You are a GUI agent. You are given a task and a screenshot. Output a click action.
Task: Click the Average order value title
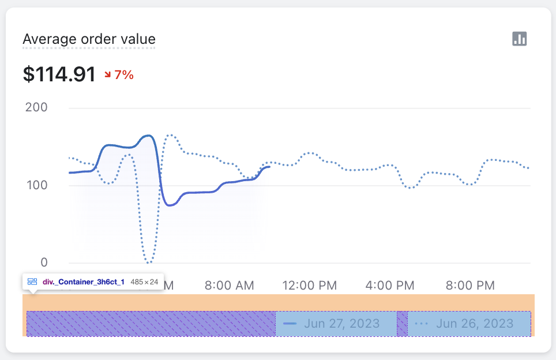click(x=89, y=39)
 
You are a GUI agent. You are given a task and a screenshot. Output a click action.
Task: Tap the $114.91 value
click(x=59, y=74)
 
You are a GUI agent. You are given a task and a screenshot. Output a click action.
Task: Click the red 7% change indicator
click(x=124, y=74)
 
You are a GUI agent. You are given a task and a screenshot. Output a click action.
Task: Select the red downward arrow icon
click(x=108, y=74)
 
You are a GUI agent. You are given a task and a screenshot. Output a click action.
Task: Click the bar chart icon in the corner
click(x=520, y=39)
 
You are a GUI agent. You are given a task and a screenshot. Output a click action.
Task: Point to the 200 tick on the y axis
click(x=36, y=108)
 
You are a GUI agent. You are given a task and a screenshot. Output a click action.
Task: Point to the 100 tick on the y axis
click(x=36, y=185)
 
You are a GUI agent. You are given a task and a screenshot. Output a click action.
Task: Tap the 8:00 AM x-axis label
click(x=229, y=285)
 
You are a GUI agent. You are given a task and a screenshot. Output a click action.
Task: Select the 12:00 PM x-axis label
click(x=310, y=285)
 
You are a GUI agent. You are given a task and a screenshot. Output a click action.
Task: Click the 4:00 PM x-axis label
click(x=390, y=285)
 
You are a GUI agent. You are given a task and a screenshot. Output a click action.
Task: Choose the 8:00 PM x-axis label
click(x=471, y=285)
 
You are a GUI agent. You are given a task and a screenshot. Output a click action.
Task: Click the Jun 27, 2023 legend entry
click(x=341, y=323)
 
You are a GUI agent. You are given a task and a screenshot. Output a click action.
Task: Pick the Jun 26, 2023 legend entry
click(x=474, y=323)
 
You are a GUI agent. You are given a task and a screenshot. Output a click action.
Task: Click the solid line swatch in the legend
click(x=290, y=323)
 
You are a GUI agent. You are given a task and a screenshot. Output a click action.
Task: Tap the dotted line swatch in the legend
click(x=422, y=323)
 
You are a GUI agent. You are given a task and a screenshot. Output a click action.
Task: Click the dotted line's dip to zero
click(x=149, y=262)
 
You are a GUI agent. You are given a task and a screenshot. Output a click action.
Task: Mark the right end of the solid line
click(x=269, y=167)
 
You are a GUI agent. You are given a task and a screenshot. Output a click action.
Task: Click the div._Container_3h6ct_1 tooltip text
click(x=83, y=282)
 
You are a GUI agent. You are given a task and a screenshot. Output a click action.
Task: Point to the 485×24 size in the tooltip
click(x=144, y=282)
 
